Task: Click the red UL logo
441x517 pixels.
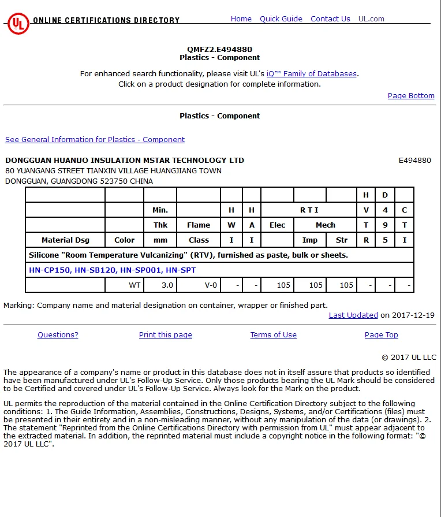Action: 18,24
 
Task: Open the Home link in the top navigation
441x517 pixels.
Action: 241,19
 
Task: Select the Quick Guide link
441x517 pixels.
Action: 281,19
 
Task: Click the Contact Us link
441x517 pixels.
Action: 330,19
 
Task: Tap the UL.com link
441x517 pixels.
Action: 371,19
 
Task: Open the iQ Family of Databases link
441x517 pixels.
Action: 312,74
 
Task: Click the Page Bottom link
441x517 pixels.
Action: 411,96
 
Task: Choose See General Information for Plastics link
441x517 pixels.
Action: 95,140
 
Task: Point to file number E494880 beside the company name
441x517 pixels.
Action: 414,161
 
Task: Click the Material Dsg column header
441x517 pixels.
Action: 65,240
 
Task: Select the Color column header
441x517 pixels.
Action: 124,240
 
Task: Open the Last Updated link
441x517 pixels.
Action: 353,315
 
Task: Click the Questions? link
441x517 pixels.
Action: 58,335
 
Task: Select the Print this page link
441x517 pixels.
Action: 166,335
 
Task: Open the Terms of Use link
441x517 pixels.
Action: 273,335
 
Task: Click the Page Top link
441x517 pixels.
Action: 381,335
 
